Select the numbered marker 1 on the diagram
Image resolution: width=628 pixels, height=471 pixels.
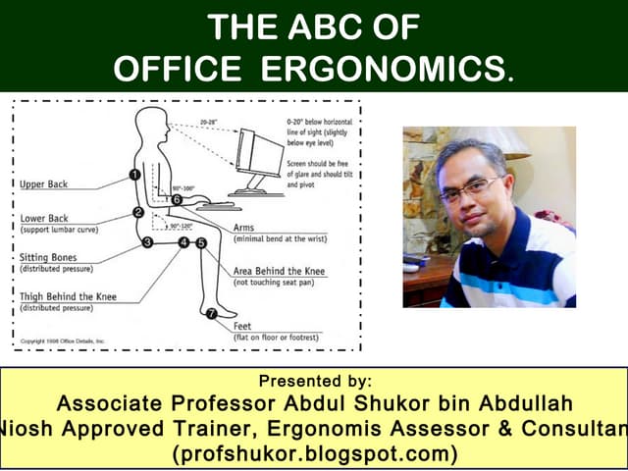point(132,176)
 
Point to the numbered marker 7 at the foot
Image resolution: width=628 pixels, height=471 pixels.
point(209,314)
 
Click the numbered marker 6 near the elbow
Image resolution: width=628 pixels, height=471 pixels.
point(177,200)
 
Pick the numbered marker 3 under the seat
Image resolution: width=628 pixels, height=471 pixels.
point(147,241)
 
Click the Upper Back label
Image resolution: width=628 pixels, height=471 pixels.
point(45,184)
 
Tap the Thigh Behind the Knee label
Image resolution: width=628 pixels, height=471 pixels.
point(69,296)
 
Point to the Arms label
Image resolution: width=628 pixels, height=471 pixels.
point(245,228)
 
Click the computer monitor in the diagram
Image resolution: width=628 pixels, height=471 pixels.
point(257,157)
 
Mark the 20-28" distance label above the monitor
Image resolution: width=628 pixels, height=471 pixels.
point(207,123)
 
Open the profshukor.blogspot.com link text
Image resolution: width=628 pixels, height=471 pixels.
point(315,453)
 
